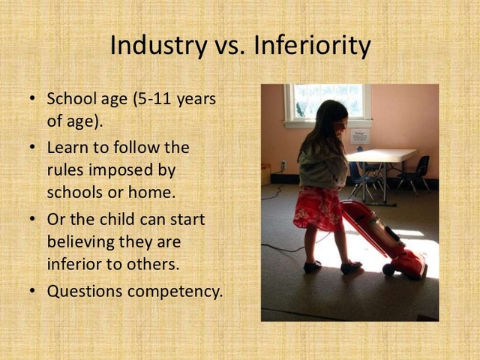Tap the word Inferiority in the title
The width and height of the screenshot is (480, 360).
[x=312, y=46]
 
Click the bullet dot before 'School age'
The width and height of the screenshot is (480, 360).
[x=31, y=99]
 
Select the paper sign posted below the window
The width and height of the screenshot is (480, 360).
[x=359, y=136]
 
